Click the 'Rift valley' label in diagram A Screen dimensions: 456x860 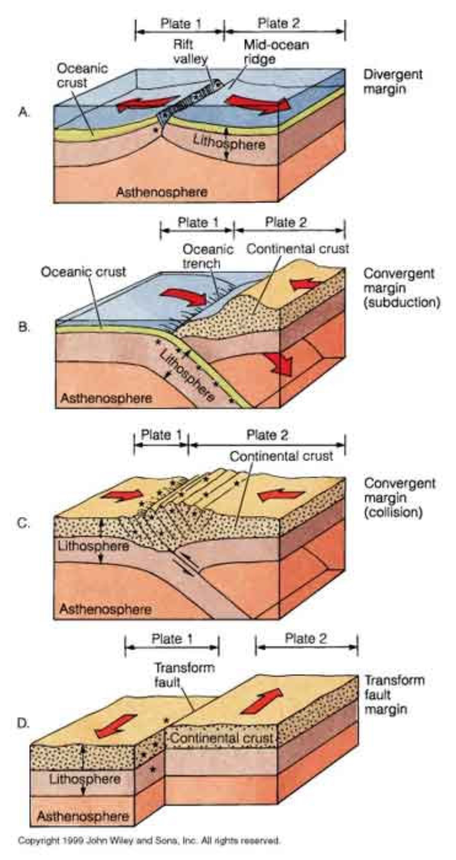[x=190, y=51]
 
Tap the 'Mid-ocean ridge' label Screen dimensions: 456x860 [x=276, y=52]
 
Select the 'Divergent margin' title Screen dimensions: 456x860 [x=393, y=81]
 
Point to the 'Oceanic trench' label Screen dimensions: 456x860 [x=207, y=256]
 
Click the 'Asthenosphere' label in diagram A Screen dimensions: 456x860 [x=162, y=191]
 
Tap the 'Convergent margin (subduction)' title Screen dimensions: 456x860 [x=401, y=288]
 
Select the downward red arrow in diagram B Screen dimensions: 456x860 [x=282, y=363]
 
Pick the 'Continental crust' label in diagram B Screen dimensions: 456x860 [x=298, y=249]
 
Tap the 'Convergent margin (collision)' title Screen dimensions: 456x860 [x=400, y=498]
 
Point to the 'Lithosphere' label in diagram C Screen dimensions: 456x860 [x=93, y=545]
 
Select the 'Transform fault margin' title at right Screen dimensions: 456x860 [x=394, y=695]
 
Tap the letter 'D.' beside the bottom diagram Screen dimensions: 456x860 [x=23, y=723]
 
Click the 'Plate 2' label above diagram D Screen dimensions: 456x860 [x=306, y=638]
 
